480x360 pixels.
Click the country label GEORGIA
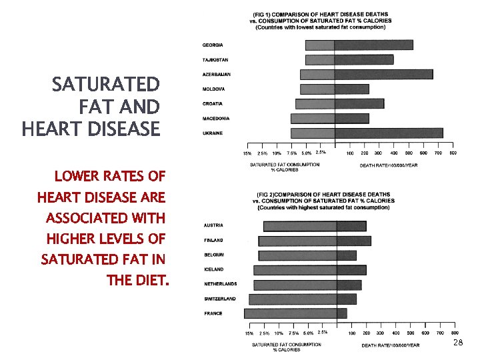213,45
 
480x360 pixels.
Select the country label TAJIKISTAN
215,59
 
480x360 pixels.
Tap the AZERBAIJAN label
217,74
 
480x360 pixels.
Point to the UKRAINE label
213,133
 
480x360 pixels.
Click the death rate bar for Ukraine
389,133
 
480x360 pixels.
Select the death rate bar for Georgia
373,45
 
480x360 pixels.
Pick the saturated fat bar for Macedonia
313,119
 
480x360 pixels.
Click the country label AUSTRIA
214,225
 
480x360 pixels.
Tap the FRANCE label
213,313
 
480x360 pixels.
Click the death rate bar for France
342,313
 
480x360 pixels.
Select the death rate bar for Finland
354,240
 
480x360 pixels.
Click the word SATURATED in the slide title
106,85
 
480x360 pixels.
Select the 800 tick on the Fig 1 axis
453,153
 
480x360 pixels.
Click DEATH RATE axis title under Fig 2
389,345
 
